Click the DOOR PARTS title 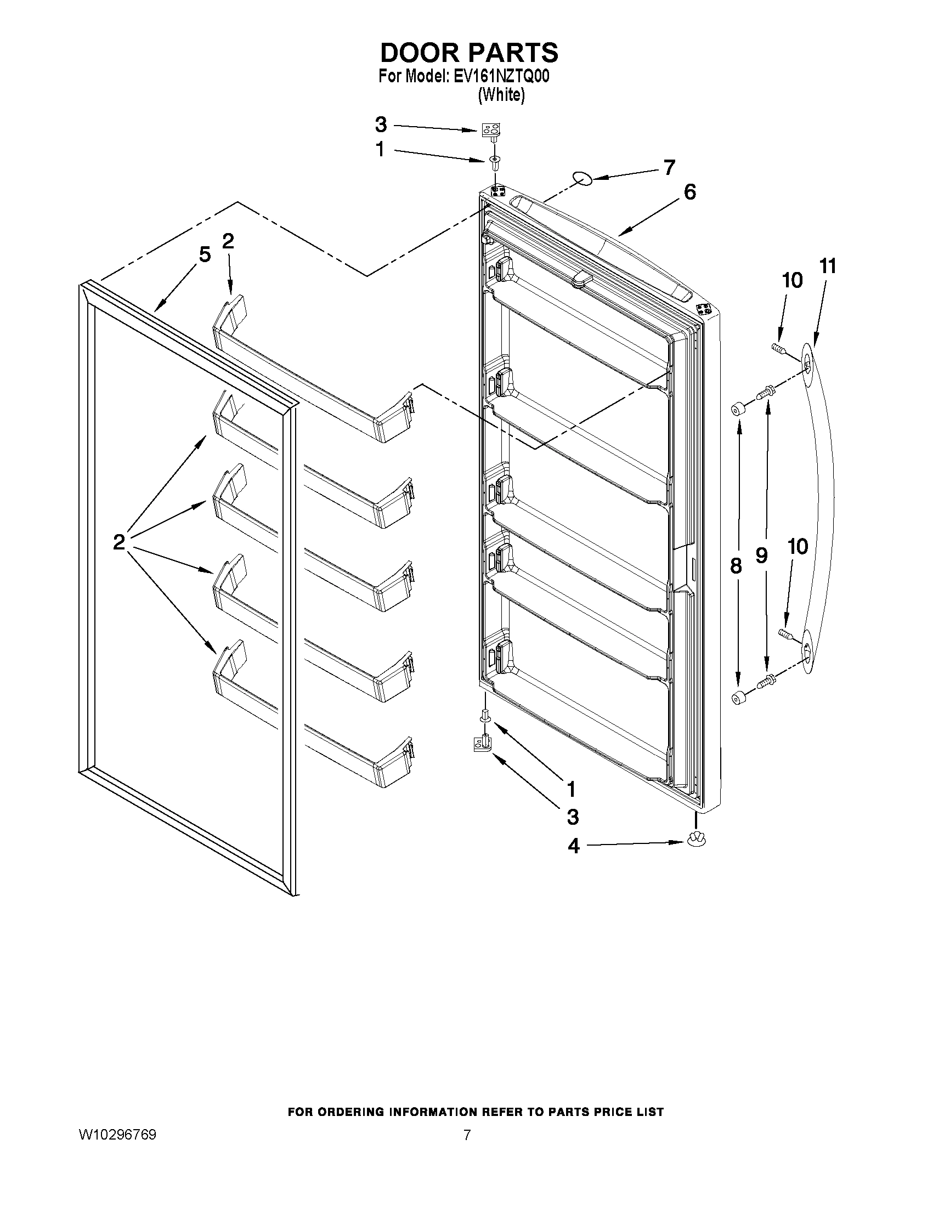469,53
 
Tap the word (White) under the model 501,95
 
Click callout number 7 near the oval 669,167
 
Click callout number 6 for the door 690,192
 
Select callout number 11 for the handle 827,267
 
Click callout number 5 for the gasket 205,255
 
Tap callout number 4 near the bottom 574,846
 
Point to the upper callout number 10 792,281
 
